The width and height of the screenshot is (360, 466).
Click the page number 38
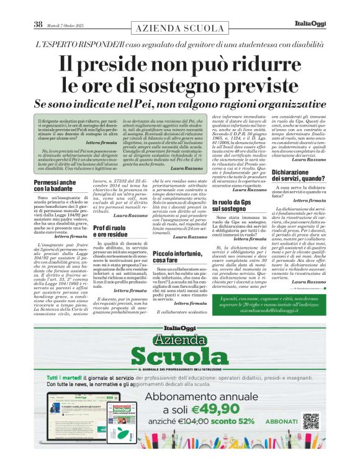(x=38, y=25)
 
